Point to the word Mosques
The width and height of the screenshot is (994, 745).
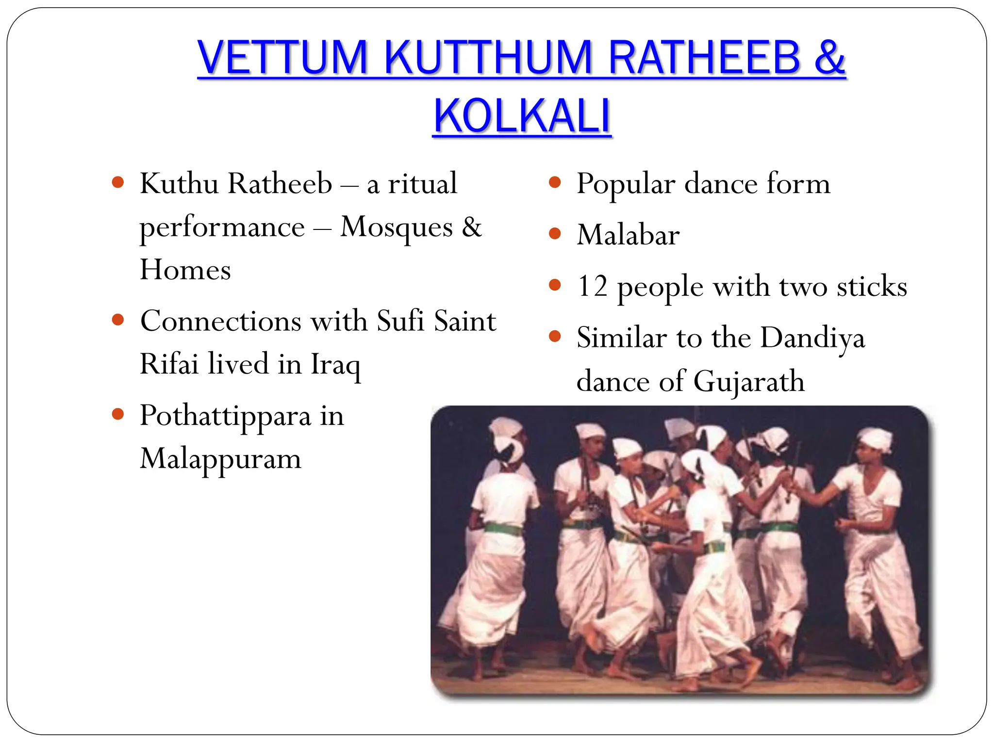pos(396,227)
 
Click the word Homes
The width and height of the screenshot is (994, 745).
pos(185,270)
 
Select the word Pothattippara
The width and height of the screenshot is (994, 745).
pos(225,416)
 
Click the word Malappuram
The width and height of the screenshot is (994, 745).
pos(220,459)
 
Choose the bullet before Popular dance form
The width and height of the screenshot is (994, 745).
pos(555,183)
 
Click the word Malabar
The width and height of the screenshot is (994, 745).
pos(628,235)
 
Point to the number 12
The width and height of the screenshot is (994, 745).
pos(592,286)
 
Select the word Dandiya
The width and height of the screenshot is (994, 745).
pos(812,338)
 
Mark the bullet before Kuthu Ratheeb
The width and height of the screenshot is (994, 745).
pos(118,183)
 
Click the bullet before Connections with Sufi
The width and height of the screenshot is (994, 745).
pos(118,320)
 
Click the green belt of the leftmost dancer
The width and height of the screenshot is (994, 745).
pos(503,528)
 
